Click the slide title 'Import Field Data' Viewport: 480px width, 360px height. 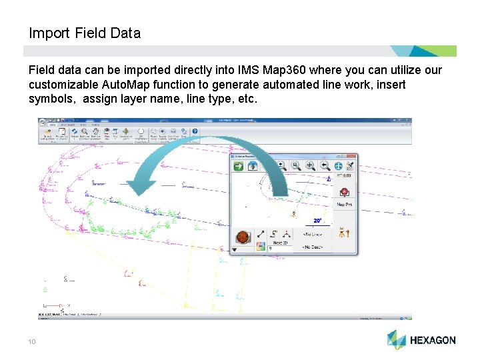point(85,33)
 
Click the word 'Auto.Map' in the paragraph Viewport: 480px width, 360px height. point(129,85)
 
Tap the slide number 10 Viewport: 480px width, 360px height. point(31,342)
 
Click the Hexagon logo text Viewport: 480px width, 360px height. point(432,340)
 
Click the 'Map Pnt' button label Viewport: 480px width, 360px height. point(344,205)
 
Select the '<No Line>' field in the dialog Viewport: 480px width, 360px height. point(313,234)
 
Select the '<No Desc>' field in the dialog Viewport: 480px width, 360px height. point(313,247)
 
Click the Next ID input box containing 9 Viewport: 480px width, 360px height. point(280,248)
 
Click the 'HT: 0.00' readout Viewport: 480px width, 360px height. point(344,175)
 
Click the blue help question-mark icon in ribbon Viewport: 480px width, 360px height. point(195,132)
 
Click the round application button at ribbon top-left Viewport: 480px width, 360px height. point(42,123)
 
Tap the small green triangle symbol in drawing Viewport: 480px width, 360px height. point(45,290)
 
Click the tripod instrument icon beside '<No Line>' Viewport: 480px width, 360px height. point(344,234)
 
